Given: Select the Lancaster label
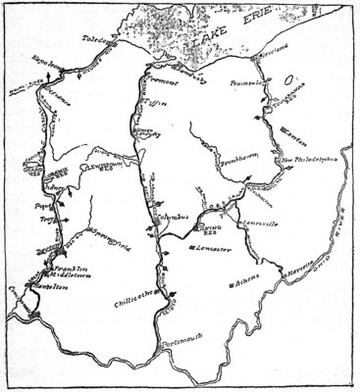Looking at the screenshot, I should point(212,249).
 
